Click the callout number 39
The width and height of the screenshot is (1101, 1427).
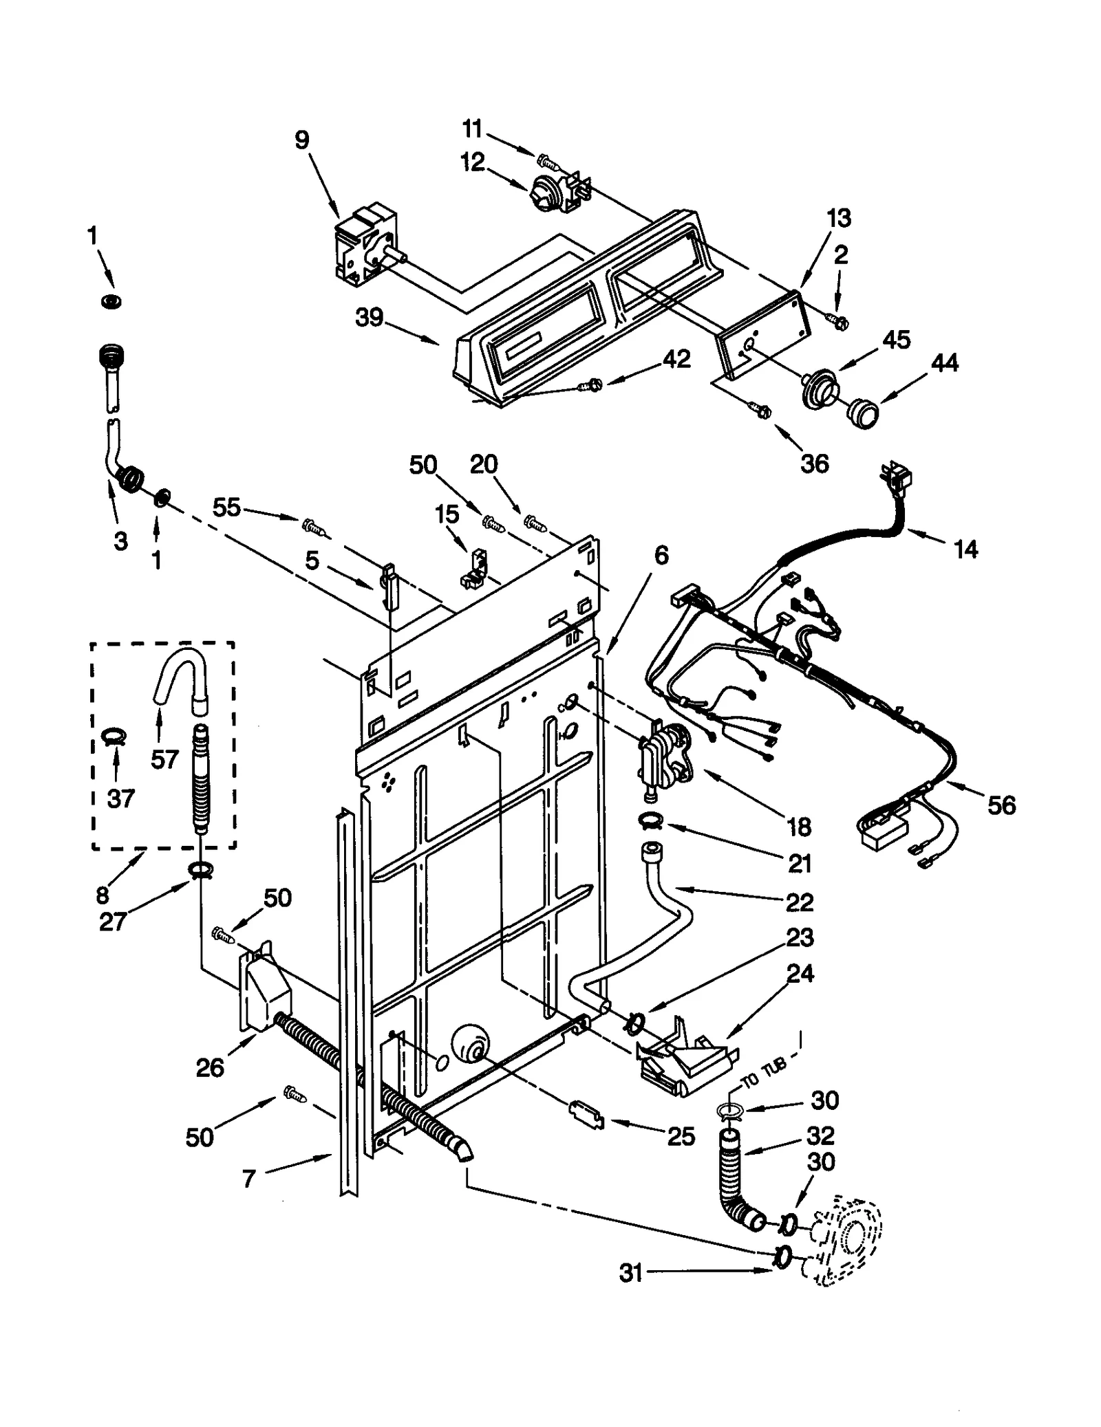point(369,318)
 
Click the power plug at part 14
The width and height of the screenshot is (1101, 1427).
point(896,477)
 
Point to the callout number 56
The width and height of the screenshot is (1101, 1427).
point(1001,805)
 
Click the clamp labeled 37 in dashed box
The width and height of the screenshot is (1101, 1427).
point(114,737)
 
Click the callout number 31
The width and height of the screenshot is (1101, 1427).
point(630,1273)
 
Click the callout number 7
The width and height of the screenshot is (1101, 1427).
point(249,1179)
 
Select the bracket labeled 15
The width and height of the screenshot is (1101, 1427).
point(474,568)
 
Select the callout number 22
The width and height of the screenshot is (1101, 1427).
point(799,902)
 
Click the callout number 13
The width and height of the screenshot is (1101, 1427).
point(838,219)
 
